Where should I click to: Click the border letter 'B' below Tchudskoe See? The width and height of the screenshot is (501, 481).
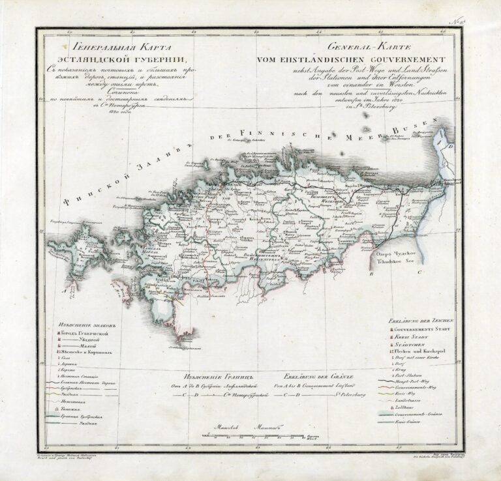(370, 275)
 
